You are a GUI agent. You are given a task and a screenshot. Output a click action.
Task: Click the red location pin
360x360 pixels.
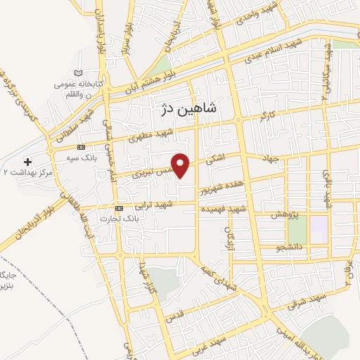coord(181,164)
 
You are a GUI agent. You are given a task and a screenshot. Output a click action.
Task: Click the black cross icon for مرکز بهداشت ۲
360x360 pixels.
coord(27,162)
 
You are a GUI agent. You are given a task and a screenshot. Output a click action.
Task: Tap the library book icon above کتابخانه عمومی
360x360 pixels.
coord(78,74)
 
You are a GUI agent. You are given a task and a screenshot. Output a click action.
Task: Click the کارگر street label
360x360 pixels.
coord(266,115)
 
